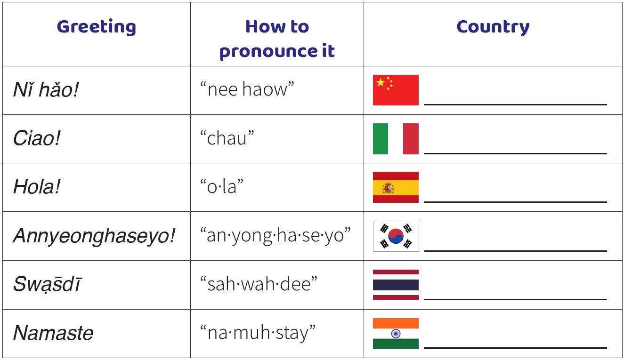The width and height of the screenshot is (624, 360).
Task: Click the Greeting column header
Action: point(97,27)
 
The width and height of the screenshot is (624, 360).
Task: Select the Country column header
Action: point(493,27)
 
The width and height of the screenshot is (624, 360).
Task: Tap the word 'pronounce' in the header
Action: point(267,51)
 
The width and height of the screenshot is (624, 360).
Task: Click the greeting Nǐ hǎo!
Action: point(46,90)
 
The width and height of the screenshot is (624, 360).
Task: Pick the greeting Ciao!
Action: point(36,138)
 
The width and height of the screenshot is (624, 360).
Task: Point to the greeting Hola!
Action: point(36,186)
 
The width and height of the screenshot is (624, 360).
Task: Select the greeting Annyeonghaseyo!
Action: point(94,236)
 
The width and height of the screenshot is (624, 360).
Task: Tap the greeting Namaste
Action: point(53,333)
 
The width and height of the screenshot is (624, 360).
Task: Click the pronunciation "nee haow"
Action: point(247,89)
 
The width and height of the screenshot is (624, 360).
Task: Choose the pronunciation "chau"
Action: point(227,138)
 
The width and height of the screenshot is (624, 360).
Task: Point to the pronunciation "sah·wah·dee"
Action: point(259,284)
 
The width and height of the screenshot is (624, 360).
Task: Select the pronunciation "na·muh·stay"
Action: point(258,333)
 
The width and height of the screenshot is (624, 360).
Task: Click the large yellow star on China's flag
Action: point(381,82)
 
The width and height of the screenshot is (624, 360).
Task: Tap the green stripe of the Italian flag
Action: point(381,139)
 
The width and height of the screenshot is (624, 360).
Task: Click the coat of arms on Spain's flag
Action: point(388,188)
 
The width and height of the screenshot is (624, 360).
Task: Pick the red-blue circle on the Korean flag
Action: point(396,236)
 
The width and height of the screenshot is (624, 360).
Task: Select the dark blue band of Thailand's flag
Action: point(396,285)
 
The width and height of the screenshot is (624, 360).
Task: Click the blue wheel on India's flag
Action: point(396,333)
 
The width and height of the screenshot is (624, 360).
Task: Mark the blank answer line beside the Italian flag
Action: point(515,153)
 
